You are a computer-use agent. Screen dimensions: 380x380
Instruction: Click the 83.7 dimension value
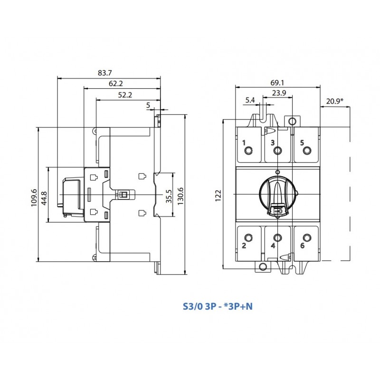point(104,73)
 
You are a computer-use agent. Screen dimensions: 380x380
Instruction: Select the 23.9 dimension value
point(279,93)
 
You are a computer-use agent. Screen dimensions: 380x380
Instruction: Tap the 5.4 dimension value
point(250,100)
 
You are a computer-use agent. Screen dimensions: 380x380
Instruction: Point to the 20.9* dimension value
point(335,101)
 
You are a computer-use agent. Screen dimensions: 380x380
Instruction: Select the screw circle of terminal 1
point(248,151)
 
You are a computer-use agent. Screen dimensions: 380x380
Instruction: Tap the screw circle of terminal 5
point(307,151)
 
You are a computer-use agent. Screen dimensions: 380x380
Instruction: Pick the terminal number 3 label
point(273,142)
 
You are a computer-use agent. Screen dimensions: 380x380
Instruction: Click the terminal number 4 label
point(273,246)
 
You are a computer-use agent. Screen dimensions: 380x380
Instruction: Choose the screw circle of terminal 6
point(307,237)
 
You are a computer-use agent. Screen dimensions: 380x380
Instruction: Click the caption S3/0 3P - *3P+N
point(218,306)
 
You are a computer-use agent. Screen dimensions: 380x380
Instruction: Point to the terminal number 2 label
point(244,246)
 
